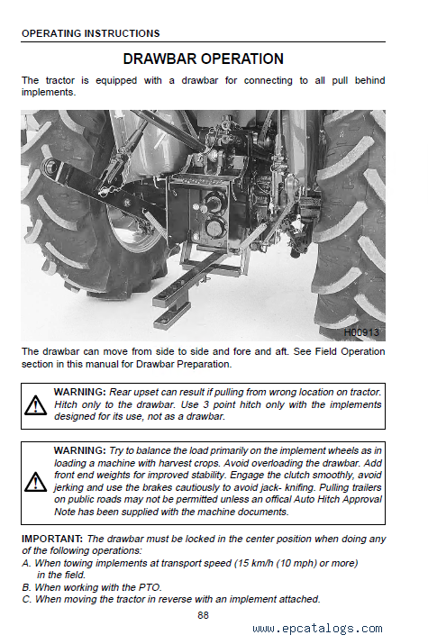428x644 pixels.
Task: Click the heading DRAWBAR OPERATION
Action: point(204,59)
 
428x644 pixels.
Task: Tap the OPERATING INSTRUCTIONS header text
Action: point(91,33)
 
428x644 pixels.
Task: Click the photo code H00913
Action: point(361,332)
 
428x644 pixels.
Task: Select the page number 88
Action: point(203,615)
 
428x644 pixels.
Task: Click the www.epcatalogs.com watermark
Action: point(317,629)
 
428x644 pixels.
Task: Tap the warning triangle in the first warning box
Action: point(35,405)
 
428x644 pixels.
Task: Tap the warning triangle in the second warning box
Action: point(35,482)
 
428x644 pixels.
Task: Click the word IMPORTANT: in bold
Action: point(52,539)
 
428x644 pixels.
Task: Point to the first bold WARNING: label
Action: point(80,392)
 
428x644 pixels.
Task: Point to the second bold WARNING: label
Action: point(80,450)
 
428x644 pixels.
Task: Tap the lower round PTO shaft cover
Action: point(214,227)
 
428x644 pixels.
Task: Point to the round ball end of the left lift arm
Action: point(50,168)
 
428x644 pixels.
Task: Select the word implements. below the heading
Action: point(49,93)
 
